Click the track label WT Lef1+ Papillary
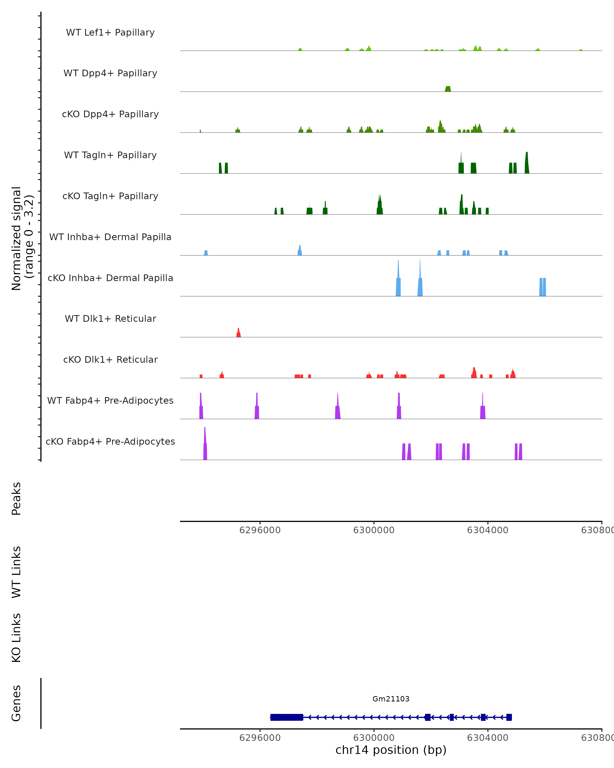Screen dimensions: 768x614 pyautogui.click(x=110, y=33)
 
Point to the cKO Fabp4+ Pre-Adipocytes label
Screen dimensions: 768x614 pyautogui.click(x=110, y=441)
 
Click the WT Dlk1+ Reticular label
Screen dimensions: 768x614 pyautogui.click(x=110, y=318)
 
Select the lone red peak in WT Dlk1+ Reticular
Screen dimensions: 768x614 pyautogui.click(x=238, y=333)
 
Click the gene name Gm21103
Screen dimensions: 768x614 pyautogui.click(x=391, y=699)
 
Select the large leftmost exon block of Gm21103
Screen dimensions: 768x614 pyautogui.click(x=287, y=717)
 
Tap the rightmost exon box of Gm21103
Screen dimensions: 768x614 pyautogui.click(x=509, y=717)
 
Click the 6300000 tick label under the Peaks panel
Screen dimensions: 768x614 pyautogui.click(x=374, y=530)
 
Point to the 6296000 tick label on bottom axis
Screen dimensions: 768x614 pyautogui.click(x=260, y=738)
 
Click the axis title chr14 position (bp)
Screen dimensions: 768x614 pyautogui.click(x=391, y=750)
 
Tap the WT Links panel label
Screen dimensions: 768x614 pyautogui.click(x=16, y=572)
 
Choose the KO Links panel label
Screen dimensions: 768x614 pyautogui.click(x=16, y=638)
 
